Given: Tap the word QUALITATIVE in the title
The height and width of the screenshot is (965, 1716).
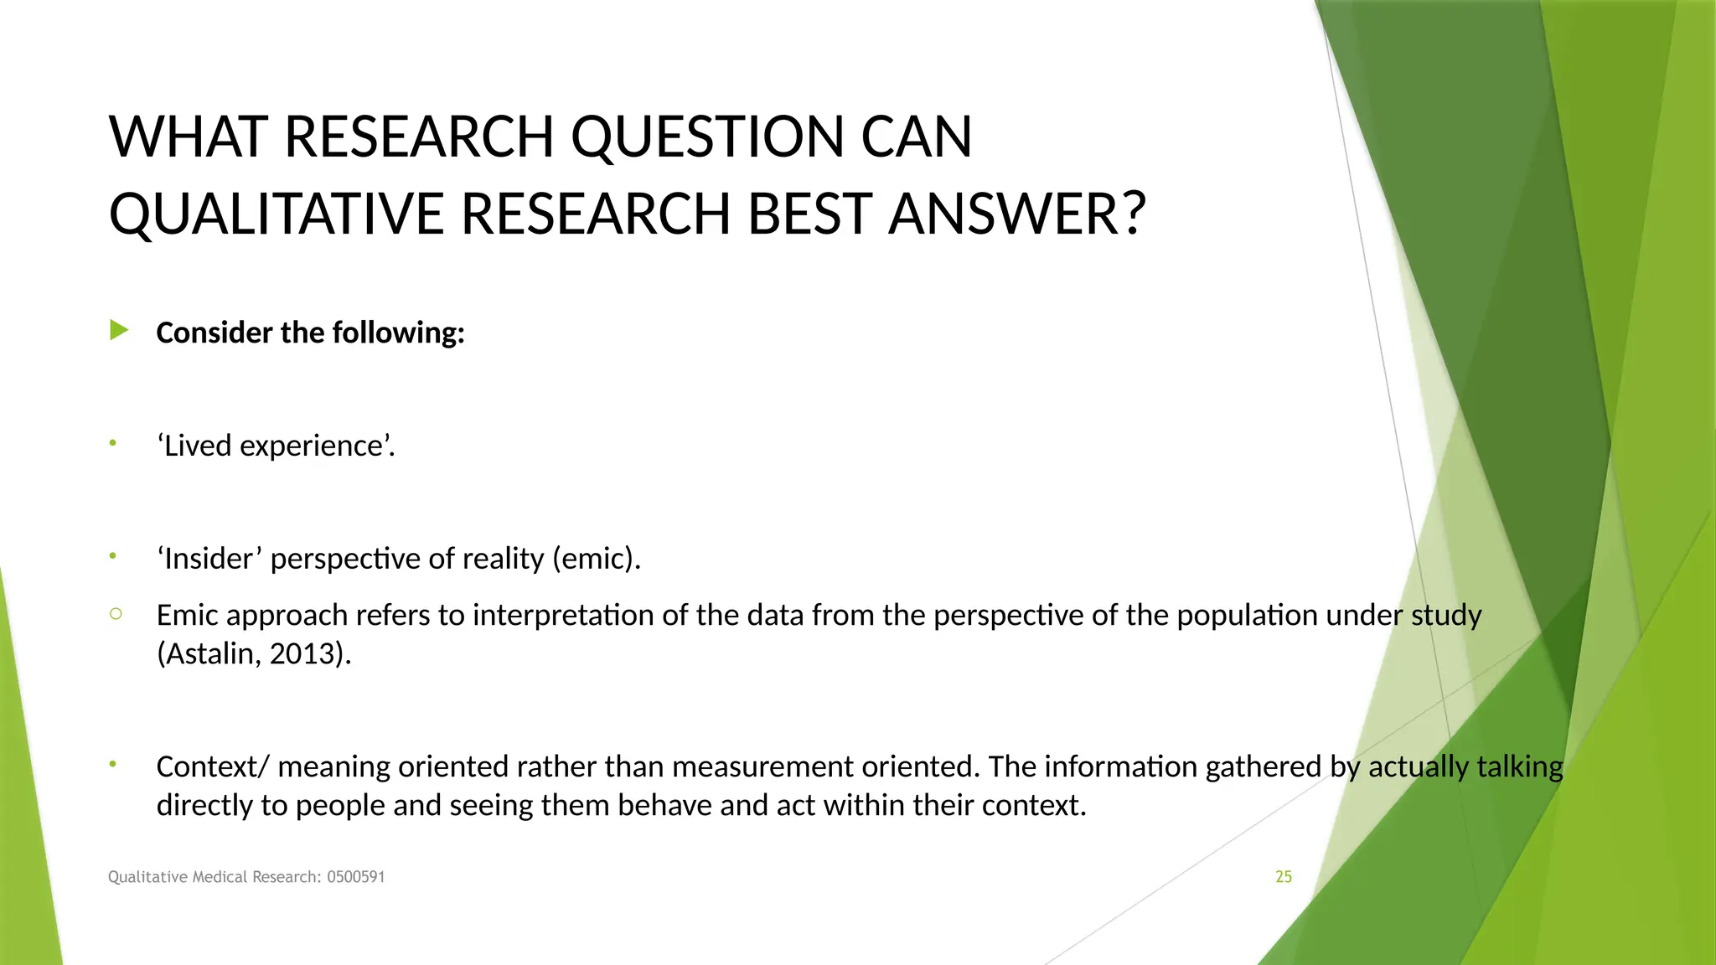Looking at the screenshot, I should (x=276, y=214).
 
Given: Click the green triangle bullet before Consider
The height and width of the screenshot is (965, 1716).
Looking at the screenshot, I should (x=119, y=331).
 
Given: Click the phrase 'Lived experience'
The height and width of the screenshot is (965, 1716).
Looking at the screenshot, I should (x=276, y=446).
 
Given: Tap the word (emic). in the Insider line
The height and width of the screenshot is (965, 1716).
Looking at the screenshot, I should (x=597, y=559).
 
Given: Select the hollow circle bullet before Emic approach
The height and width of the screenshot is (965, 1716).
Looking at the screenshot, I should (x=116, y=614).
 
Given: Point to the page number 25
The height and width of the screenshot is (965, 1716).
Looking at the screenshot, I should (x=1284, y=877).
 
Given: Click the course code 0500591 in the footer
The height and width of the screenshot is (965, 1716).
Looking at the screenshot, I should (x=355, y=877).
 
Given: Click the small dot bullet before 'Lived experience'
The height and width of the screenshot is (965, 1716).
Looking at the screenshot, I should (x=112, y=442).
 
